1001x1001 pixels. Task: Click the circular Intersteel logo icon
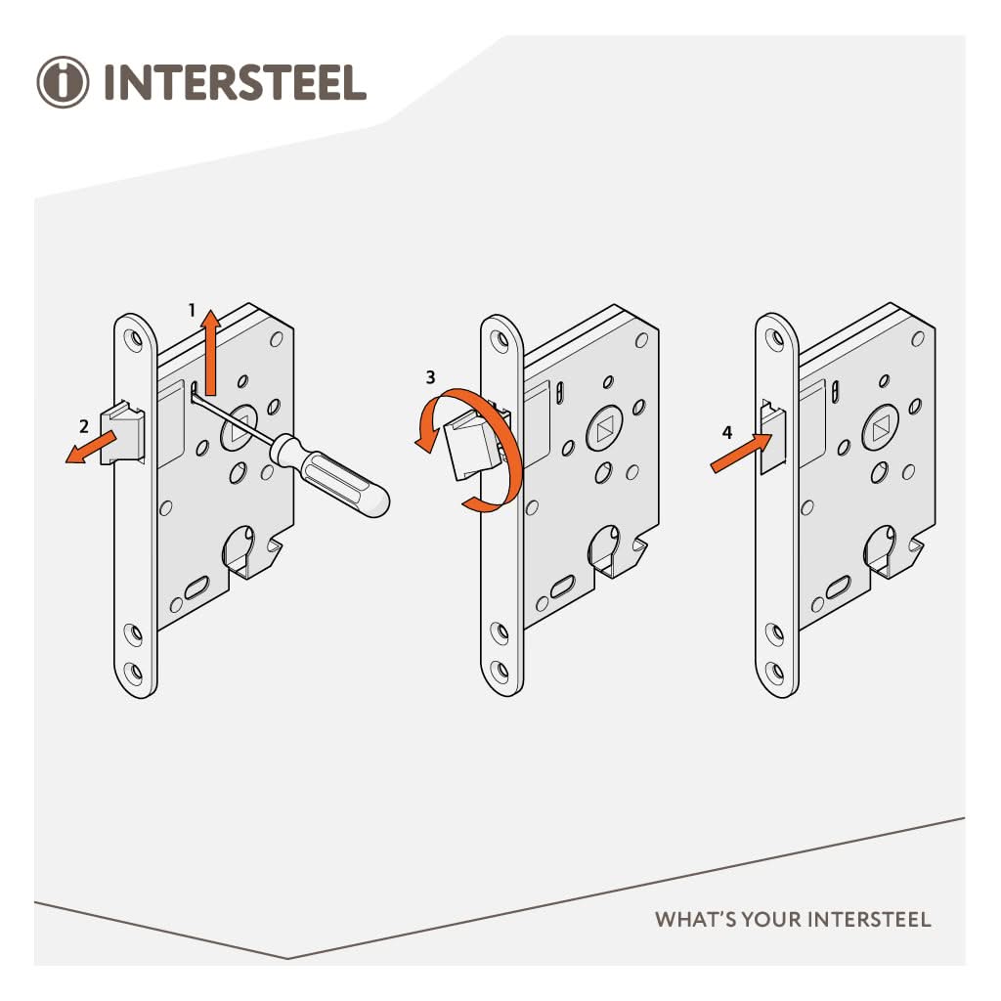(x=63, y=82)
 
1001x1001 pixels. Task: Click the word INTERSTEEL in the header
(x=235, y=83)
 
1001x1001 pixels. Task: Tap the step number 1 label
(x=193, y=309)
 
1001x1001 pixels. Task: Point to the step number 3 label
(x=429, y=375)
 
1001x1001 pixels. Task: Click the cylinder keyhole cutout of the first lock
(x=240, y=547)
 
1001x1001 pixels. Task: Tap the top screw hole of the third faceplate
(x=777, y=338)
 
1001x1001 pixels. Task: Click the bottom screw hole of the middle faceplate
(x=502, y=673)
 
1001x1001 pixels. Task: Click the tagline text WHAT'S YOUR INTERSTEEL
(x=792, y=920)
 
